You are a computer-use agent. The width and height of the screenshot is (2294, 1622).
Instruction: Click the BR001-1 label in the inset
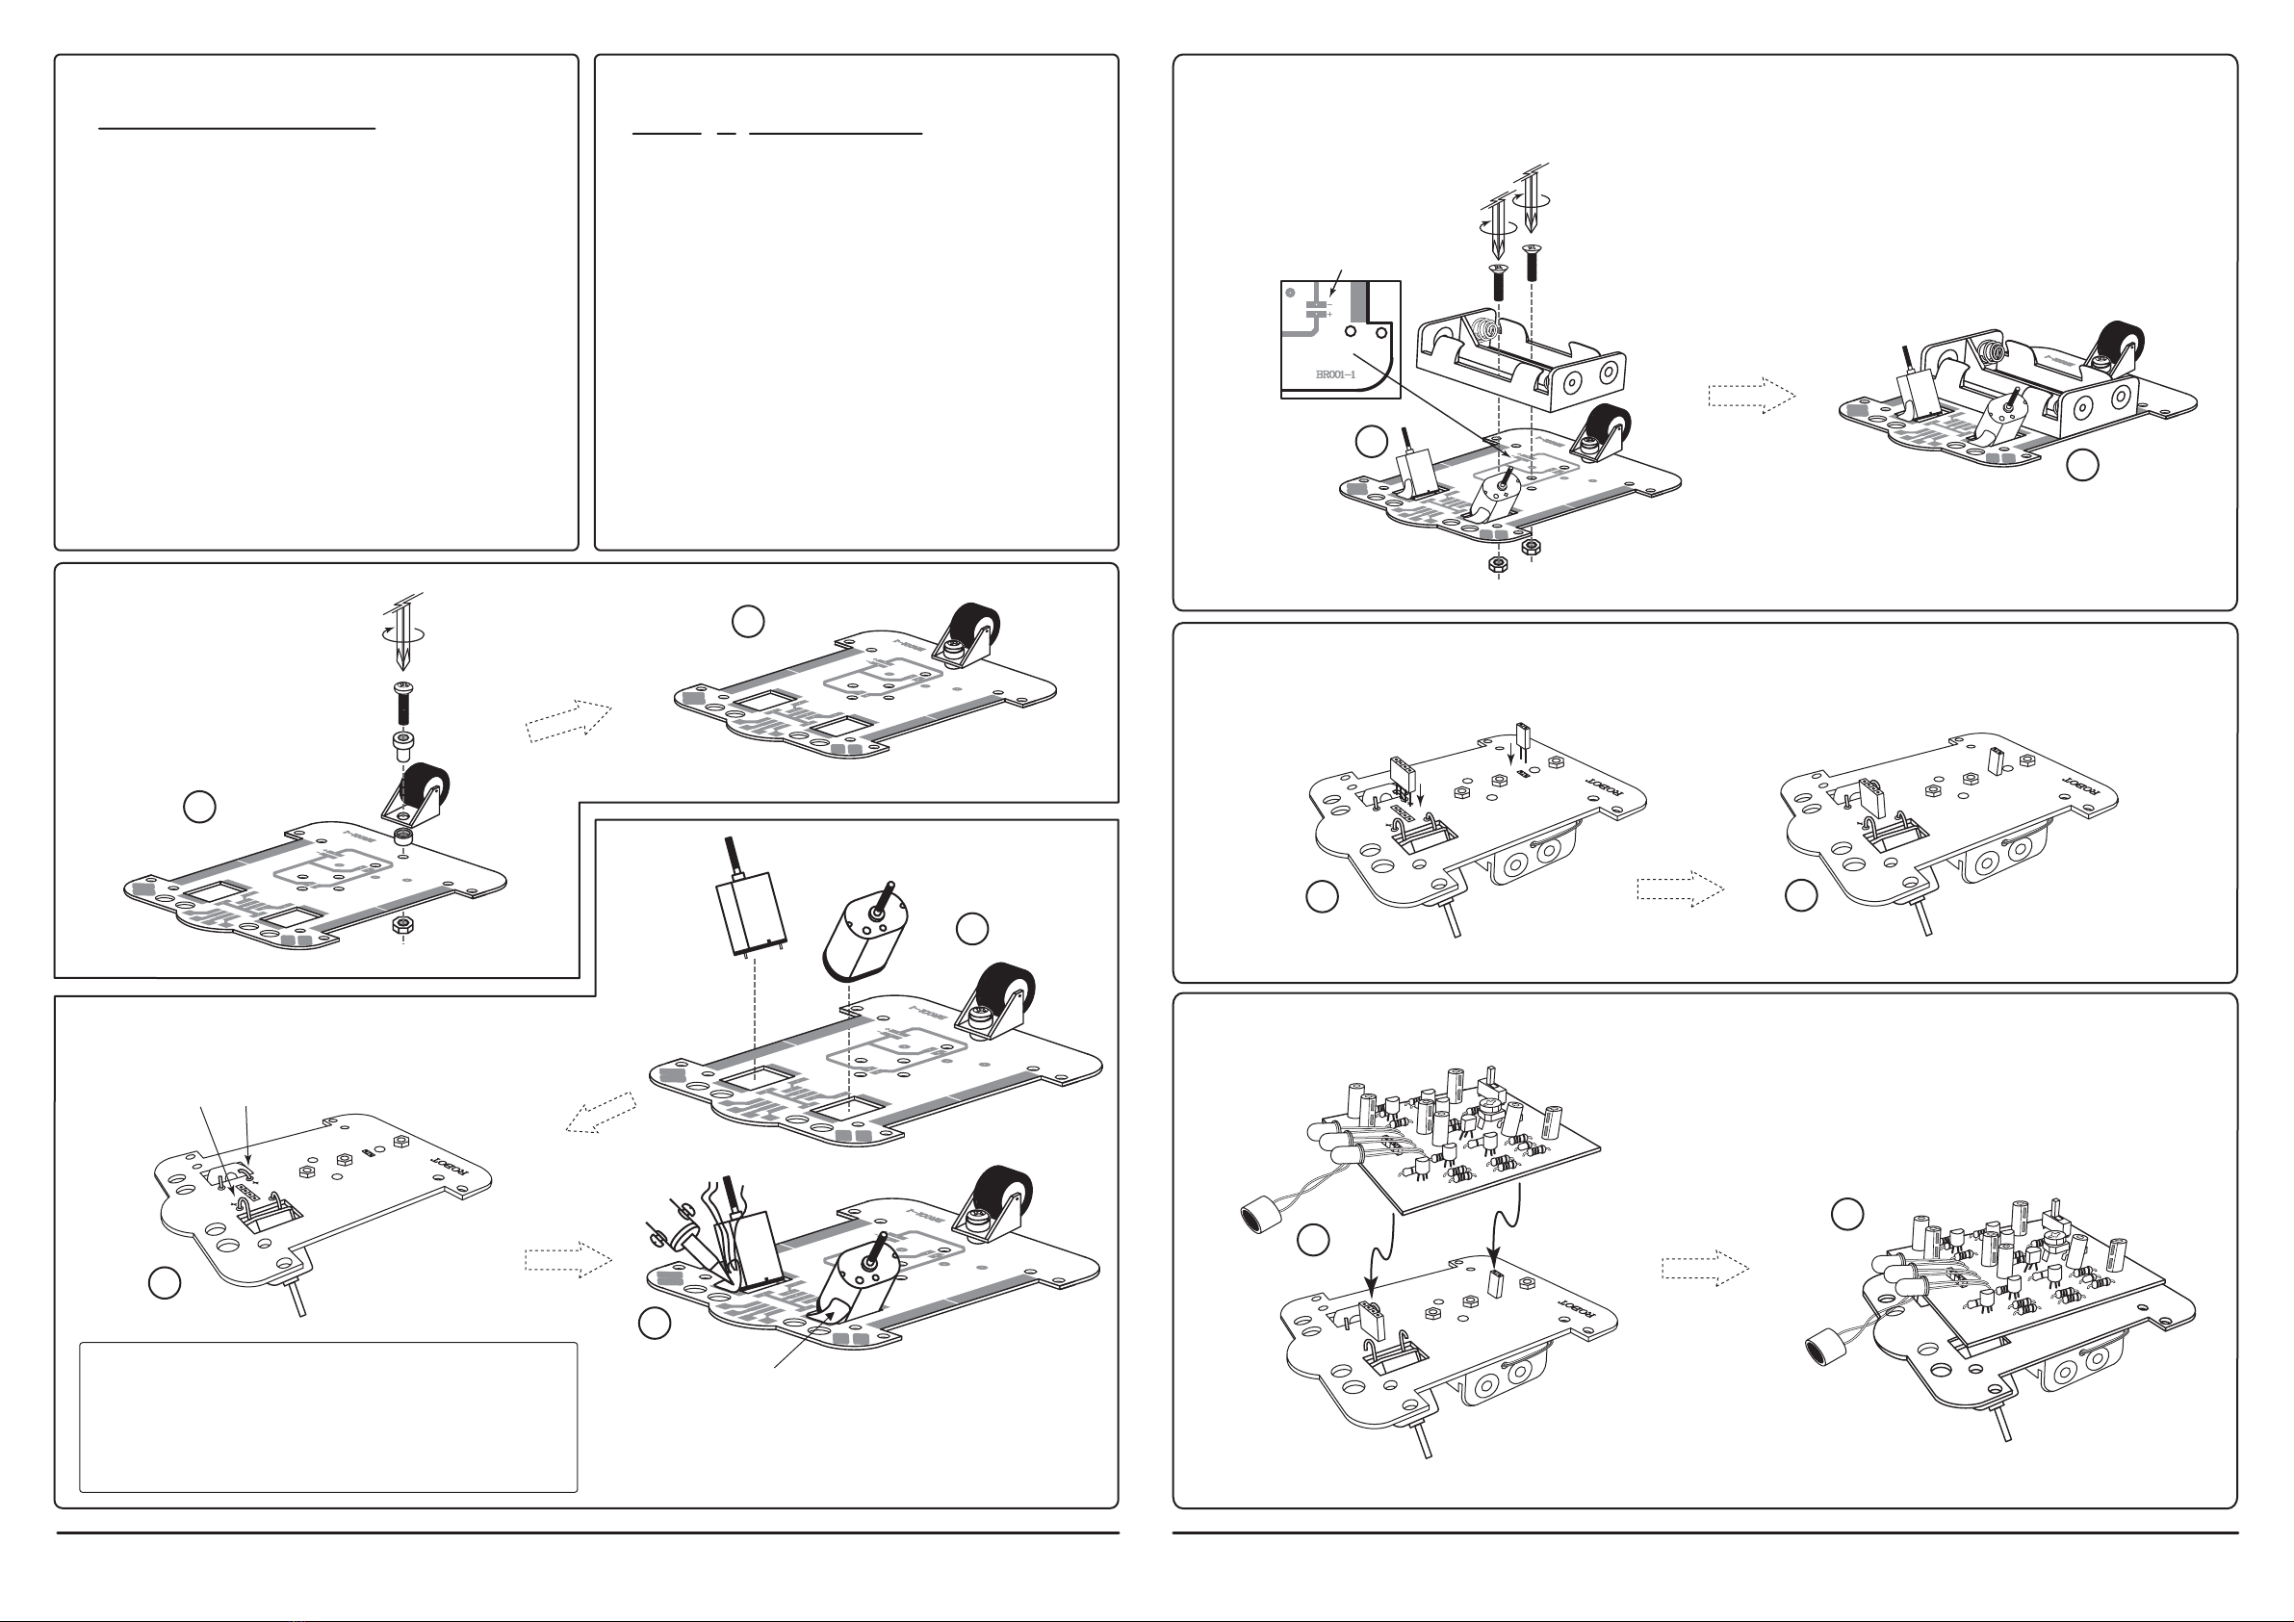pos(1335,374)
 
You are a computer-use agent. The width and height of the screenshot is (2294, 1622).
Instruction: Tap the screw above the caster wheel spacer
pos(404,703)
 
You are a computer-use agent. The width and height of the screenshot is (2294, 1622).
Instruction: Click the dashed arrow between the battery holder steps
pos(1751,395)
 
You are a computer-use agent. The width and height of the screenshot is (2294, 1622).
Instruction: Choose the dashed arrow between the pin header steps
pos(1680,888)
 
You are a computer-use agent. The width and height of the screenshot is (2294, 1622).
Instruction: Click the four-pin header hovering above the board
pos(1404,776)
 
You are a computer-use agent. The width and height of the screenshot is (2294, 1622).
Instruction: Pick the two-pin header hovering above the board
pos(1523,740)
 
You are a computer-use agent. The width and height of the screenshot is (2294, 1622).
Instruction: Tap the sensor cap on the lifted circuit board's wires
pos(1260,1219)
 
